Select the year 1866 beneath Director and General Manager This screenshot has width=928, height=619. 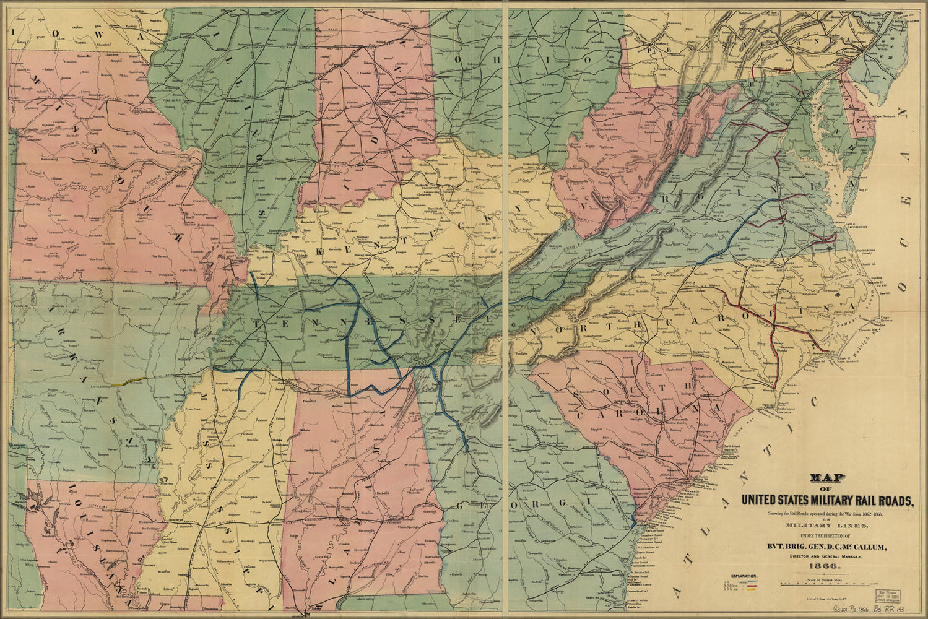(x=825, y=566)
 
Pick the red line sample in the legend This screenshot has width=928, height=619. (x=752, y=586)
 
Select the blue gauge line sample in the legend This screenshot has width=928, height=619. (x=753, y=581)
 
